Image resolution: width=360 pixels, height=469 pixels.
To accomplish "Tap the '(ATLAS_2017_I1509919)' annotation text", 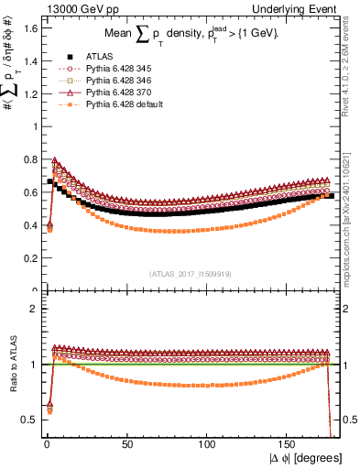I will click(x=190, y=272).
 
